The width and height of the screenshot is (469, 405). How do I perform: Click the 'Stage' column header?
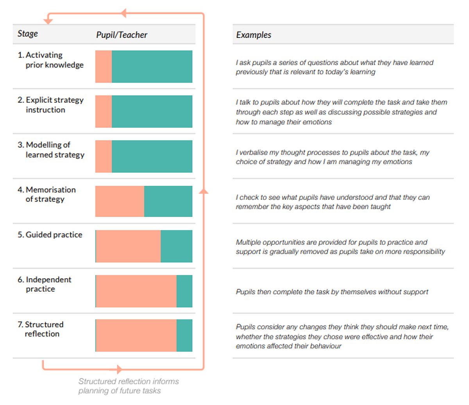coord(28,34)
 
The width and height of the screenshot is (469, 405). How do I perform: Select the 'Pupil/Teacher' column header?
coord(122,35)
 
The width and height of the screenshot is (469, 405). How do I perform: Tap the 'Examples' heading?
coord(253,35)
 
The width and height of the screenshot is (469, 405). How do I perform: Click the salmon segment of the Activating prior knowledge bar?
coord(104,66)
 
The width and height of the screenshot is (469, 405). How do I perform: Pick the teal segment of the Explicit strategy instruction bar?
coord(152,111)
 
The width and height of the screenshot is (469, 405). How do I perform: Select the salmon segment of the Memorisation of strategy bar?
coord(120,201)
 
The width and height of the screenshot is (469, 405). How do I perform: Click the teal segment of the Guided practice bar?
coord(177,246)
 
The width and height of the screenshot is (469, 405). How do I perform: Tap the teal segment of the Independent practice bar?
coord(184,291)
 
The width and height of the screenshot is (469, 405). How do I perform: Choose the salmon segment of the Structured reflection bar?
coord(136,335)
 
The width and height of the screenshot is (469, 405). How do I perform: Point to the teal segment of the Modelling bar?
coord(152,156)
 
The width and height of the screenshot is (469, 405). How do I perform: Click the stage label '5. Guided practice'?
coord(50,235)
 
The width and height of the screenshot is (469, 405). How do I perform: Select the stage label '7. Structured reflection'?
coord(41,329)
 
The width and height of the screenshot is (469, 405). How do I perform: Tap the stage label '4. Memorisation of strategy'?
coord(47,194)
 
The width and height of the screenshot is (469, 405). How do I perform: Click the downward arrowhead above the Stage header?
coord(48,22)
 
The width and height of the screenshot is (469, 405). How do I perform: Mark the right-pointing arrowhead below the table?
coord(120,369)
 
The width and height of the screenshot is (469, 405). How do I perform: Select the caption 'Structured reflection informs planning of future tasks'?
coord(129,386)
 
